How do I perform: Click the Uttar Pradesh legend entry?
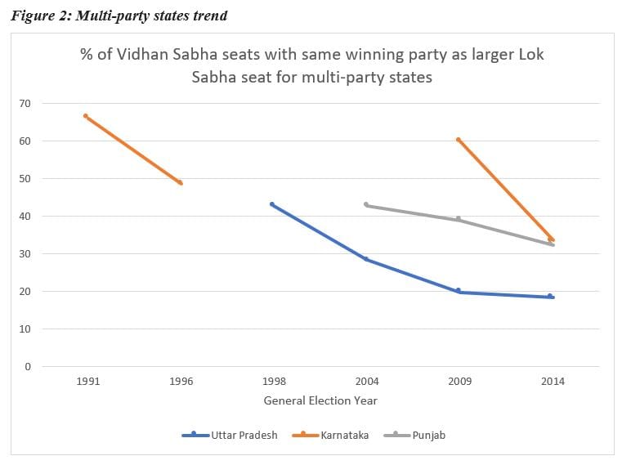click(x=230, y=436)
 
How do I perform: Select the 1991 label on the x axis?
click(x=87, y=382)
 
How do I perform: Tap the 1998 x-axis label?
click(x=273, y=382)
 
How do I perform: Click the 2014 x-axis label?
click(x=553, y=382)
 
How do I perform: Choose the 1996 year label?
click(x=180, y=382)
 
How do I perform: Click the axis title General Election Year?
click(x=320, y=401)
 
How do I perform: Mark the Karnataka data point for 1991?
click(x=86, y=116)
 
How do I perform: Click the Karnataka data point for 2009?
click(x=459, y=140)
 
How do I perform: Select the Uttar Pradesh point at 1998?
click(x=272, y=204)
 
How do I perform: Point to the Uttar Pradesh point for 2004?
click(x=365, y=259)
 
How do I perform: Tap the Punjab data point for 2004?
click(x=365, y=204)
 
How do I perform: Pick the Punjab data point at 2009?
click(x=459, y=219)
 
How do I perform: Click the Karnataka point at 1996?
click(x=180, y=183)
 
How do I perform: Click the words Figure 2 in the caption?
click(x=39, y=16)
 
